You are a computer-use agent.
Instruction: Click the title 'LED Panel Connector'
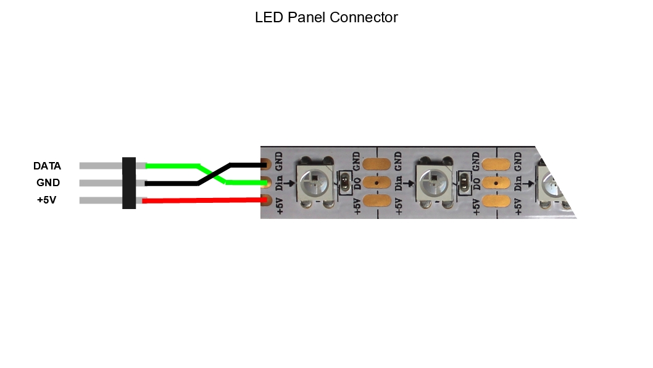(326, 17)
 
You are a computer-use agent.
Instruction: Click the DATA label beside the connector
(47, 166)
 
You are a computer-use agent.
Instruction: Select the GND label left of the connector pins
(48, 183)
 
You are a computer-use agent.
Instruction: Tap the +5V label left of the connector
(46, 200)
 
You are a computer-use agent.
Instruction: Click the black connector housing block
(129, 183)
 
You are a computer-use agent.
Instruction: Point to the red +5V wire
(204, 200)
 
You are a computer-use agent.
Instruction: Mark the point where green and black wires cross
(213, 174)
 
